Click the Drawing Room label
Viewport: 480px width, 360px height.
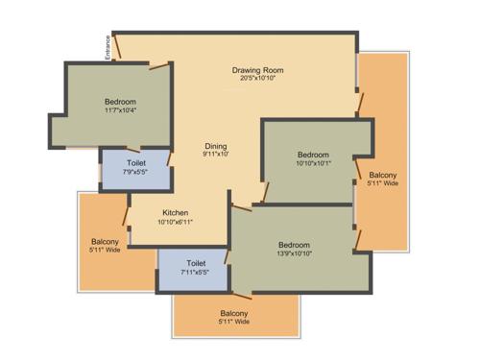pyautogui.click(x=257, y=70)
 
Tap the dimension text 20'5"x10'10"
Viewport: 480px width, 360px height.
pyautogui.click(x=257, y=78)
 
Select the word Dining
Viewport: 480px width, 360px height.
pyautogui.click(x=215, y=146)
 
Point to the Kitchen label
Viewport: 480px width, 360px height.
pyautogui.click(x=175, y=213)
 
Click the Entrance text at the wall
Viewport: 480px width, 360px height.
pyautogui.click(x=108, y=47)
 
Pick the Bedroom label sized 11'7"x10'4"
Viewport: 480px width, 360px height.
pyautogui.click(x=120, y=102)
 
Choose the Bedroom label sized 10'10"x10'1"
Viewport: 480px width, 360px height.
pyautogui.click(x=313, y=155)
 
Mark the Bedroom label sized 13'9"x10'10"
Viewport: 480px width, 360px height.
pyautogui.click(x=295, y=244)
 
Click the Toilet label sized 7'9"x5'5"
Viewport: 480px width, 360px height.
pyautogui.click(x=136, y=164)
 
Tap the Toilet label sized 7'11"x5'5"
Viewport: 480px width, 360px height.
pyautogui.click(x=196, y=262)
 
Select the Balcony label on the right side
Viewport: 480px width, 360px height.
pyautogui.click(x=382, y=175)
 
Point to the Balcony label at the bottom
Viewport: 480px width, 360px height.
pyautogui.click(x=234, y=314)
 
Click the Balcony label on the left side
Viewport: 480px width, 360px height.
pyautogui.click(x=105, y=241)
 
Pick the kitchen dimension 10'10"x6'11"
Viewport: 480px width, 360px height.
pyautogui.click(x=175, y=222)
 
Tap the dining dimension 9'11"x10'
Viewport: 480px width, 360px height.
pyautogui.click(x=215, y=155)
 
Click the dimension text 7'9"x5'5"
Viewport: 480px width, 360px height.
pyautogui.click(x=136, y=173)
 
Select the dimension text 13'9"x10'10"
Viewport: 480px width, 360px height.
pyautogui.click(x=295, y=252)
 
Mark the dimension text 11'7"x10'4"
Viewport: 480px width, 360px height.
pyautogui.click(x=120, y=110)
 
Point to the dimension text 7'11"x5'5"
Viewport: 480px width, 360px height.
pyautogui.click(x=196, y=271)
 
